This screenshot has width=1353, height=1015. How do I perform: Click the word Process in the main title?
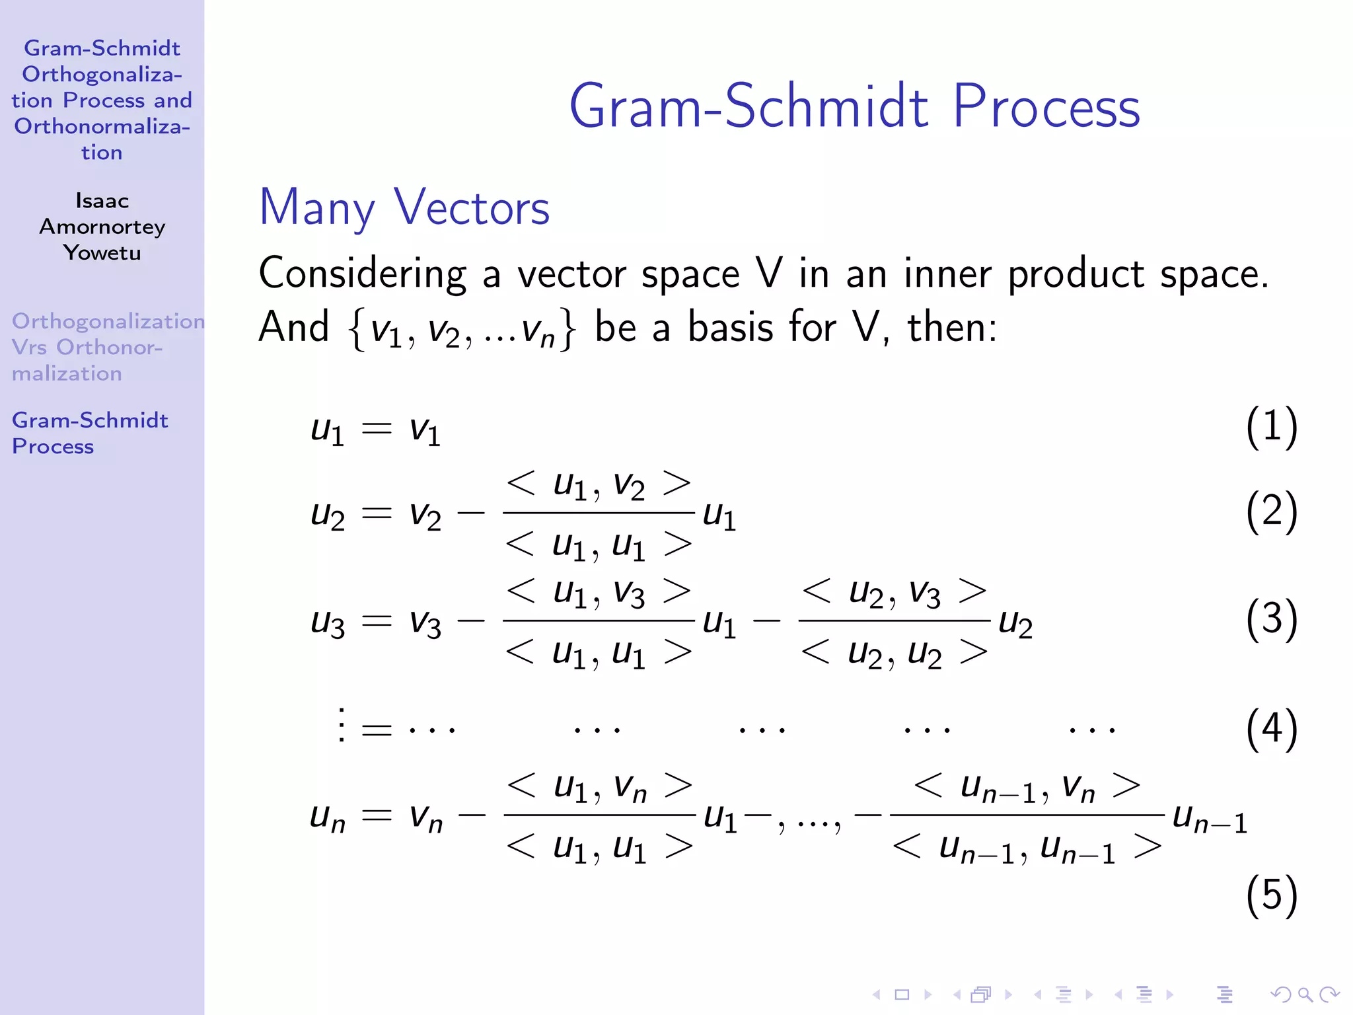[1046, 108]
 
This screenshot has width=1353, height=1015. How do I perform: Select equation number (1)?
[1271, 427]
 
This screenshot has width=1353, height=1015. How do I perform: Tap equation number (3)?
[1271, 620]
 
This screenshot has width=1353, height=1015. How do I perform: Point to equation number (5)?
[1271, 895]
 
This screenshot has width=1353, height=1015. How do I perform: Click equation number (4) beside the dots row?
[1271, 729]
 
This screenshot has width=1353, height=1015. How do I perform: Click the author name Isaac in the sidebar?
[102, 200]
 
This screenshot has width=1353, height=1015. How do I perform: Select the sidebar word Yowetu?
[102, 252]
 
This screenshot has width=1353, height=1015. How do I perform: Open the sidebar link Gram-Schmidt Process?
[89, 433]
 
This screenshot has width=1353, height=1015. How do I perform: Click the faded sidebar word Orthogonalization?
[108, 321]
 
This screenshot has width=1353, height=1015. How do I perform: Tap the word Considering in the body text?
[362, 274]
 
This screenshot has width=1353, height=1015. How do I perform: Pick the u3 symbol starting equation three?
[328, 622]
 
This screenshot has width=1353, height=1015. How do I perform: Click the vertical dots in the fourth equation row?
[341, 725]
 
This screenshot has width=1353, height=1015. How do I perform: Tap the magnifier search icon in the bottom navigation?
[1305, 994]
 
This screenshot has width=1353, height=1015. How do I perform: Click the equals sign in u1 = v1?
[377, 429]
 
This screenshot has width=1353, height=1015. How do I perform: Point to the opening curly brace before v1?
[357, 328]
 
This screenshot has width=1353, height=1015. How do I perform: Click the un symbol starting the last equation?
[328, 818]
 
